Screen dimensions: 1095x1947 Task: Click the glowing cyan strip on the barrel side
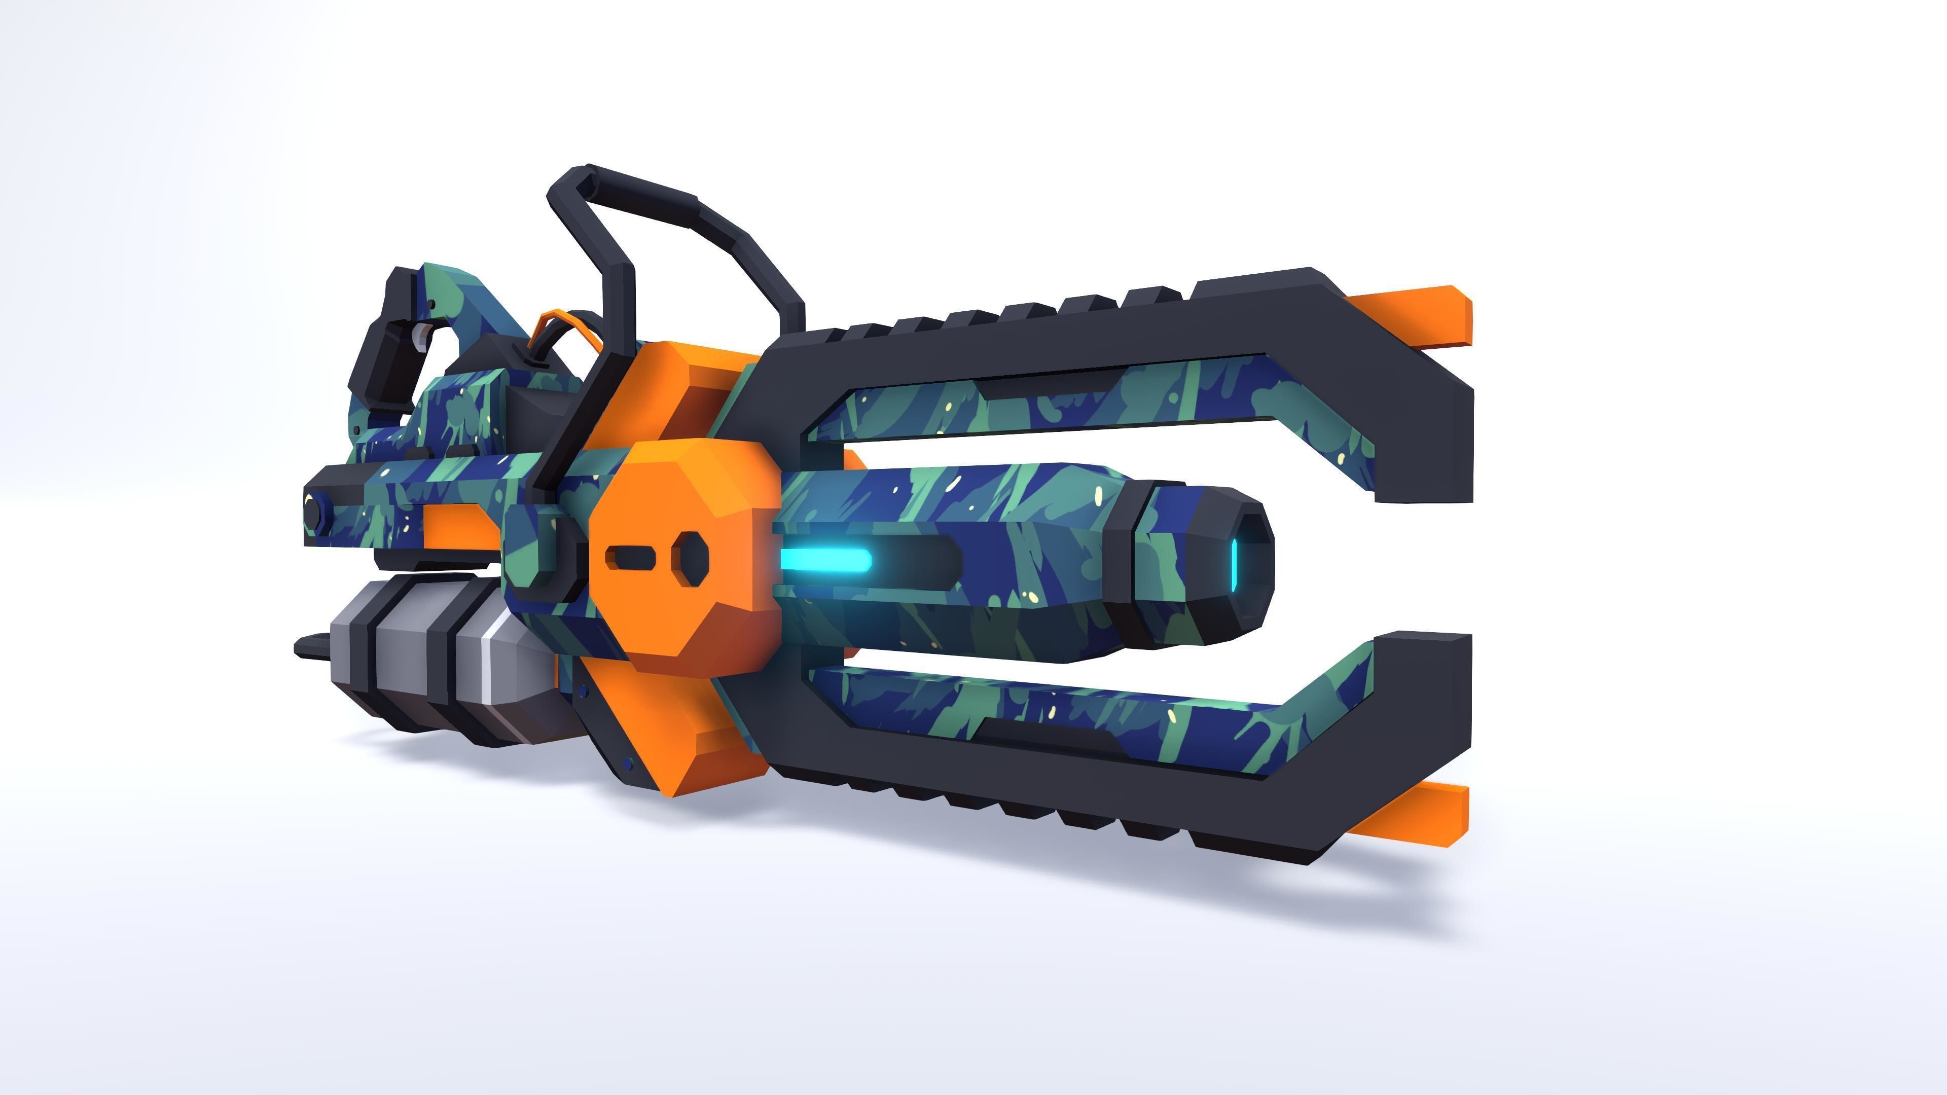[x=825, y=560]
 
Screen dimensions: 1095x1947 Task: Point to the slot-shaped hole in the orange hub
[x=630, y=558]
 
